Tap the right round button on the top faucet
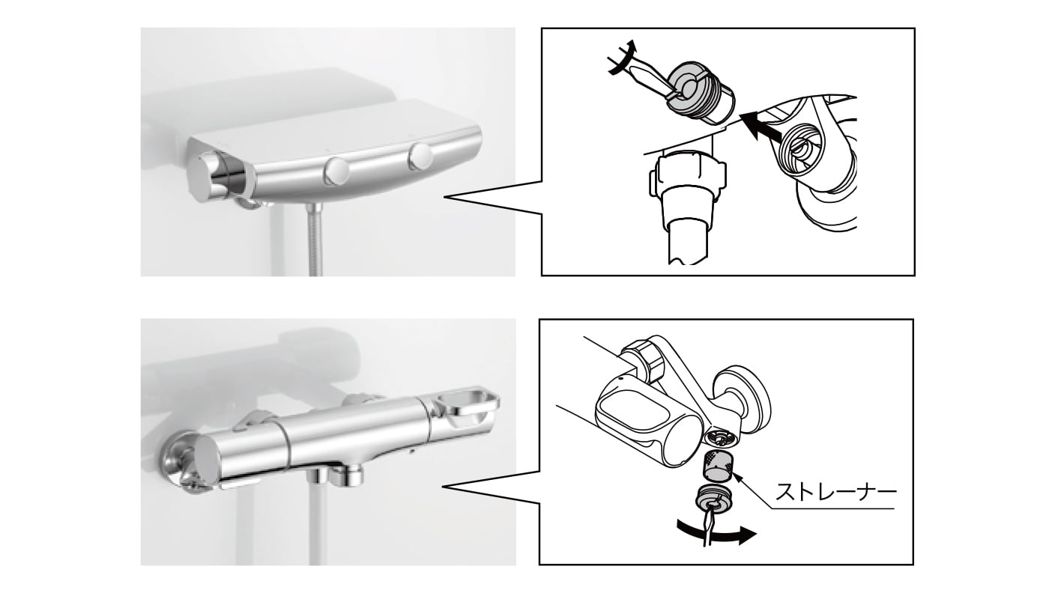tap(420, 156)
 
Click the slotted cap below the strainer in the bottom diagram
tap(711, 501)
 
